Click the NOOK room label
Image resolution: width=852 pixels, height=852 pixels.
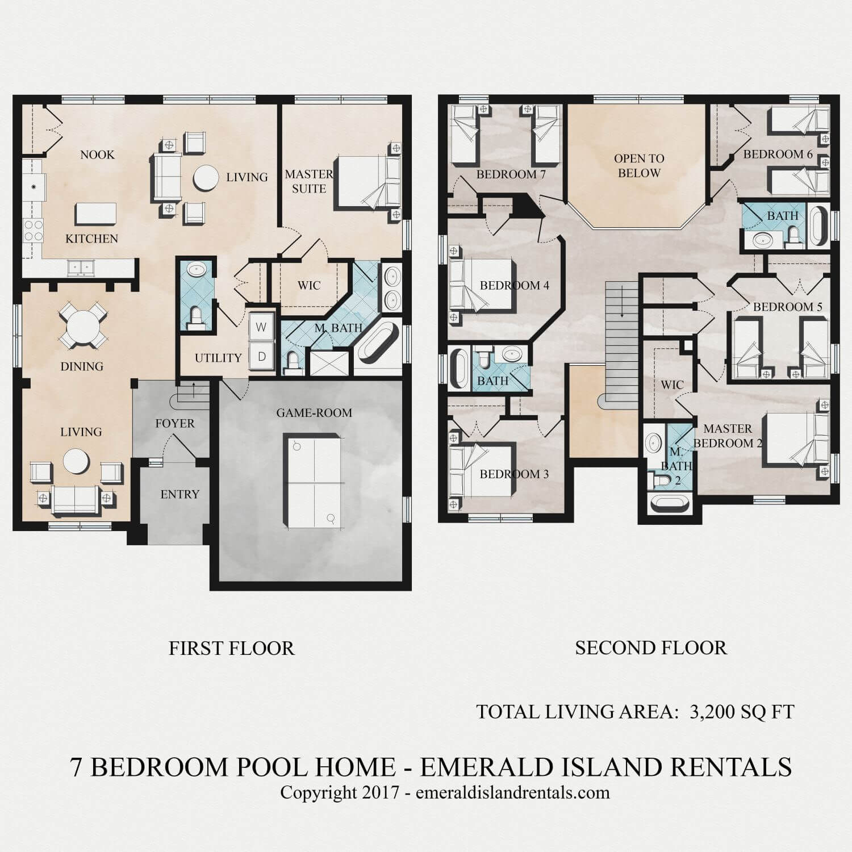(x=97, y=154)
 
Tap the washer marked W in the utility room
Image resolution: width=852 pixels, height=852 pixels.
(x=261, y=327)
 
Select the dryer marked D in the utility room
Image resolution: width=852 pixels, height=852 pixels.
(x=261, y=357)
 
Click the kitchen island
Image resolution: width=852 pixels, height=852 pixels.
(x=96, y=215)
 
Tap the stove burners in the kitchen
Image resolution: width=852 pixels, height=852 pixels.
(x=32, y=231)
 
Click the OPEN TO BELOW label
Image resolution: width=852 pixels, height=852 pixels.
(x=639, y=165)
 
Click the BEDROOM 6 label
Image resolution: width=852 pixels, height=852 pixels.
(x=778, y=154)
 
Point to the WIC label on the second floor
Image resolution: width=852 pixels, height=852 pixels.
(x=672, y=385)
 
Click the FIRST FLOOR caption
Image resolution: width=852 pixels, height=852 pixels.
(x=232, y=648)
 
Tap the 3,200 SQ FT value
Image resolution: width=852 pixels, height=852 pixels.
(x=741, y=712)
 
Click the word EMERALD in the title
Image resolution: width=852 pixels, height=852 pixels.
(x=485, y=767)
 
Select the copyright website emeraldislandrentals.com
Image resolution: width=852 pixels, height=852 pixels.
(x=512, y=792)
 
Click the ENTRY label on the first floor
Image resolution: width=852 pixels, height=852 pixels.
(x=179, y=494)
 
